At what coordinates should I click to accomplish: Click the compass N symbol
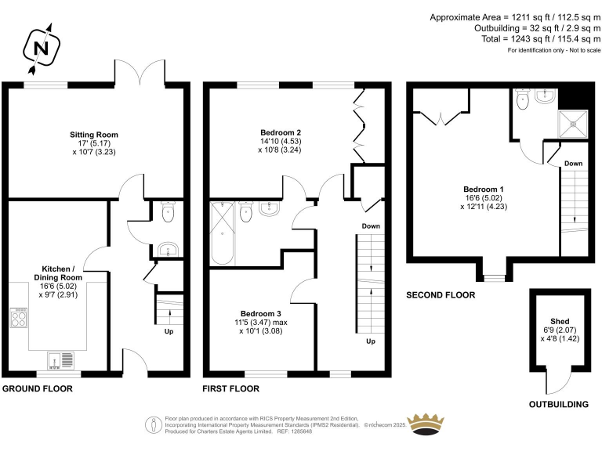coord(41,49)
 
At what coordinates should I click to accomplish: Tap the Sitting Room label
coord(94,135)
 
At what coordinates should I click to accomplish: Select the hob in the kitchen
coord(19,318)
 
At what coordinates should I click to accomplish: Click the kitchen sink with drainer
coord(61,360)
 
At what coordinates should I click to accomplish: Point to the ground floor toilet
coord(169,211)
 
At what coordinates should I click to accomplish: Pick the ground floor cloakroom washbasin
coord(168,250)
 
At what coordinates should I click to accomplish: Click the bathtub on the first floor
coord(222,233)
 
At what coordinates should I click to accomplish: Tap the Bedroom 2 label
coord(281,133)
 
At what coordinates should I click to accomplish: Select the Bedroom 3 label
coord(261,314)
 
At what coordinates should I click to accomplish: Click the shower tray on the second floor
coord(573,124)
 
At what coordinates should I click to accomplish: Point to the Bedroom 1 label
coord(484,189)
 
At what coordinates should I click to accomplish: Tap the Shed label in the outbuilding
coord(560,321)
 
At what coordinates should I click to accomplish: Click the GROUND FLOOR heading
coord(38,389)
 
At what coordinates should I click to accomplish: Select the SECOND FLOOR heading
coord(441,295)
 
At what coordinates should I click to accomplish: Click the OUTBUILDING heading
coord(559,404)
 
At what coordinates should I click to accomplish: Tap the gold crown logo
coord(426,424)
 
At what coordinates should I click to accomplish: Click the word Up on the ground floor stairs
coord(169,332)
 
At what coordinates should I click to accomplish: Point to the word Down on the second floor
coord(573,164)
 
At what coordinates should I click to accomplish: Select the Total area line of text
coord(541,38)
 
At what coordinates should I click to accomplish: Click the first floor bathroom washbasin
coord(270,208)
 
